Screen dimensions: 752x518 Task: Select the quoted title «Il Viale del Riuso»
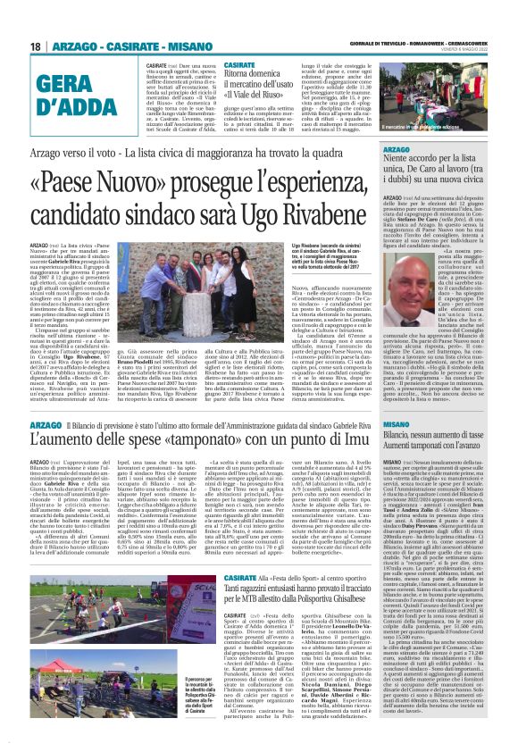[x=262, y=90]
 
